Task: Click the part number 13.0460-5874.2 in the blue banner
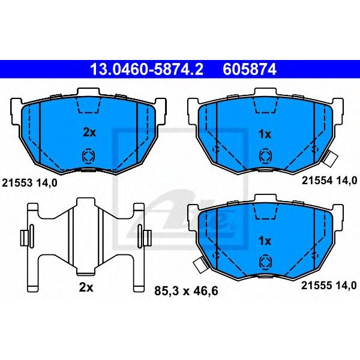tap(147, 69)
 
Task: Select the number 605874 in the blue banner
tap(250, 69)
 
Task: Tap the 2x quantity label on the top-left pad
tap(89, 133)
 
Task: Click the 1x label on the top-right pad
tap(265, 134)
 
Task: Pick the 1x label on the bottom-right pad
tap(265, 241)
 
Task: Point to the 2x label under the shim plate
tap(86, 287)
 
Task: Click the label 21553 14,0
tap(29, 183)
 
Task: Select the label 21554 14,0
tap(329, 181)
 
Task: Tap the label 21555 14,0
tap(329, 286)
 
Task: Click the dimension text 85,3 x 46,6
tap(186, 292)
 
